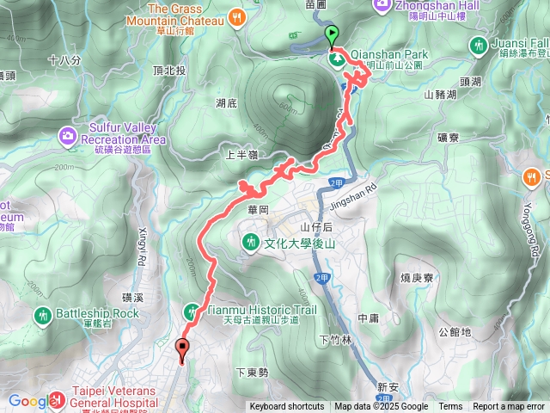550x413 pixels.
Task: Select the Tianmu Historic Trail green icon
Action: coord(191,311)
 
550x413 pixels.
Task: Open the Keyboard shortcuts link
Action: coord(287,407)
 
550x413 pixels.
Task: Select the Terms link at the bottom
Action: coord(450,407)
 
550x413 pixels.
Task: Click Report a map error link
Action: coord(509,407)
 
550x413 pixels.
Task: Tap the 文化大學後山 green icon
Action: coord(250,242)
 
